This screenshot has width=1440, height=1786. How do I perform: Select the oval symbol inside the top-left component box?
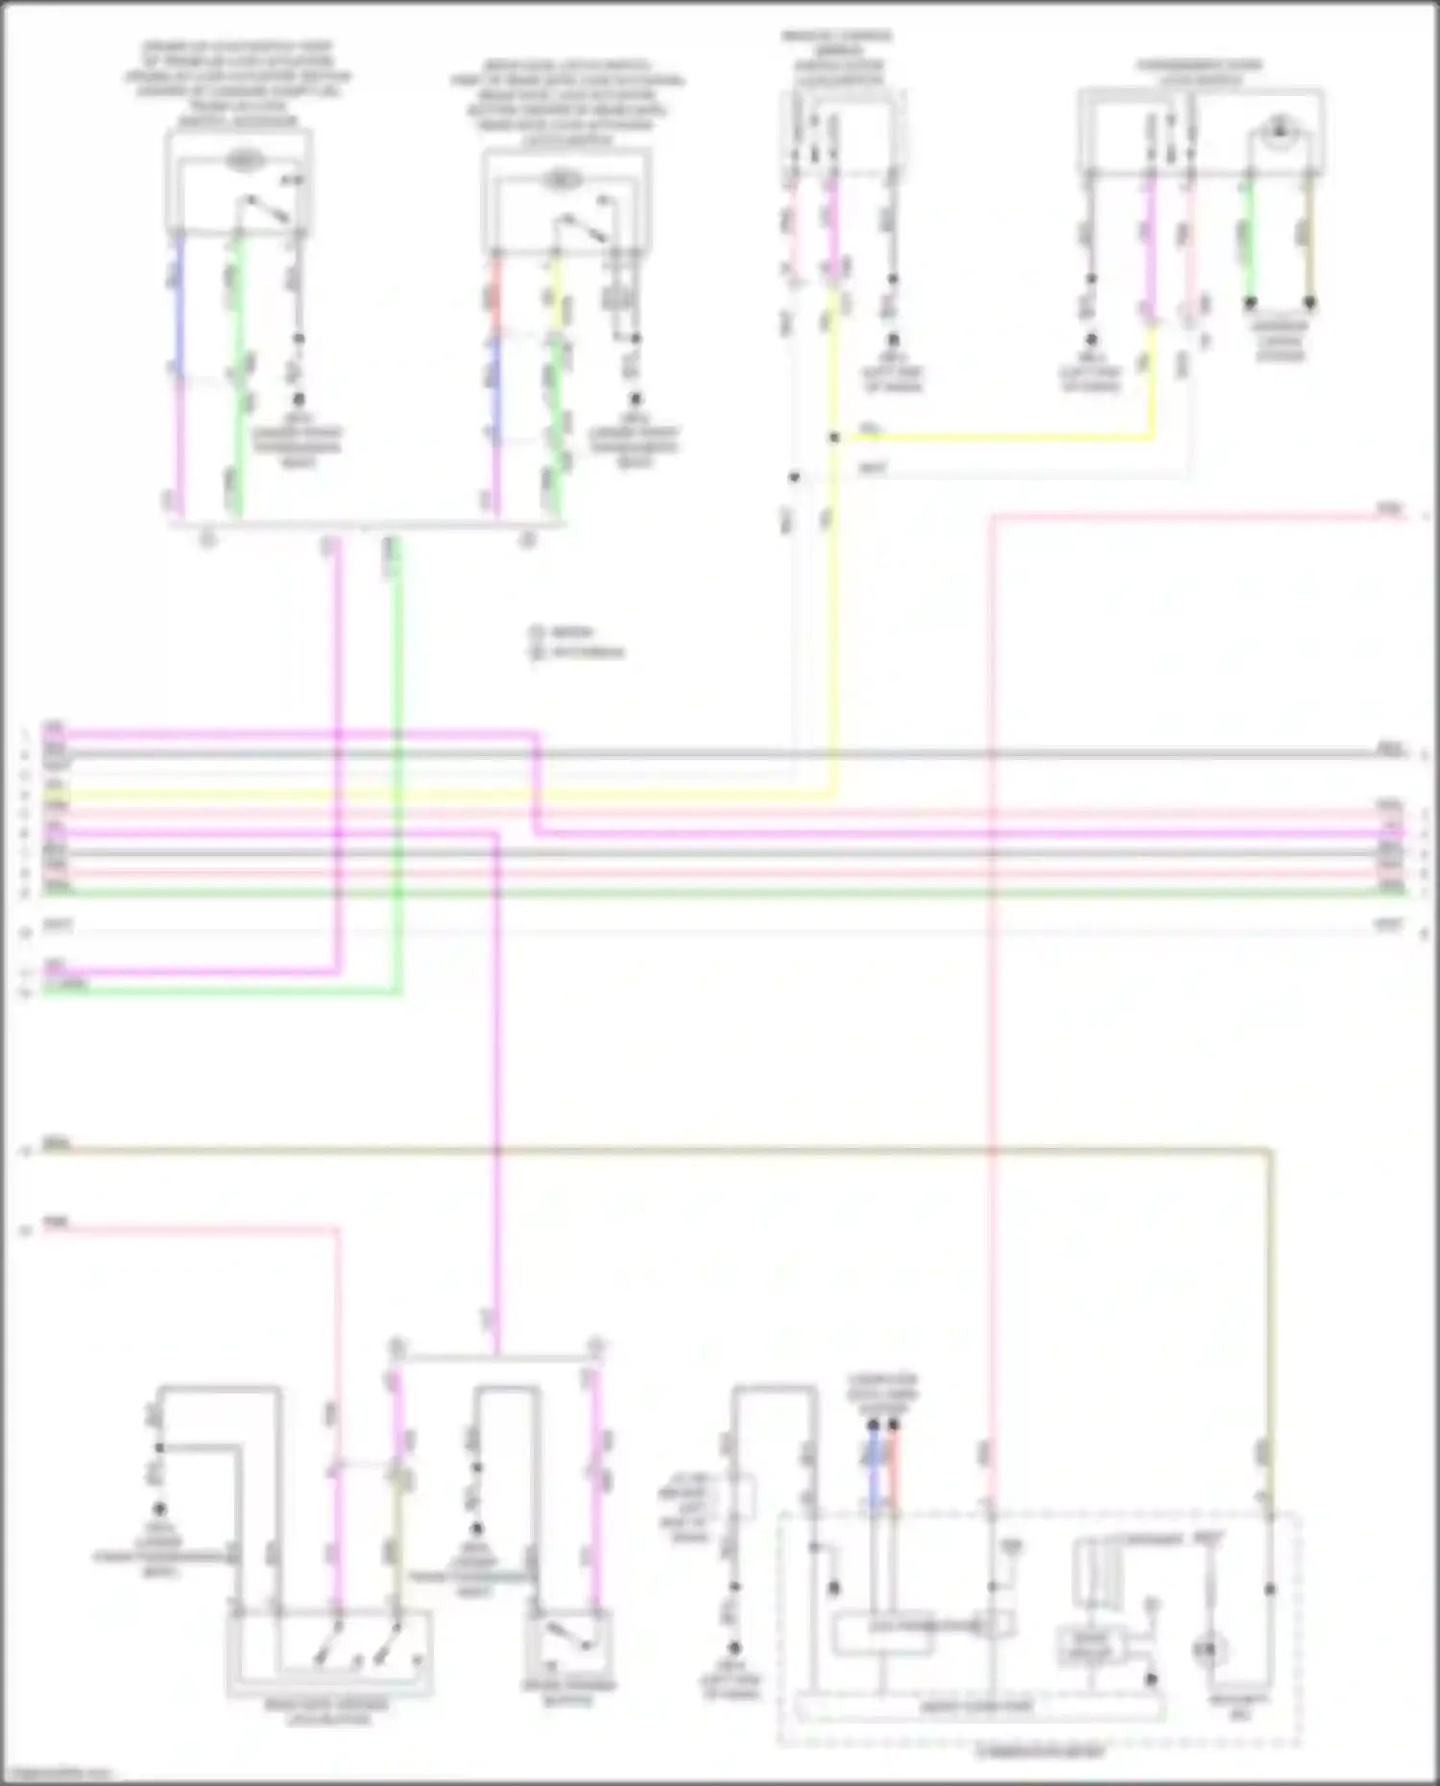246,160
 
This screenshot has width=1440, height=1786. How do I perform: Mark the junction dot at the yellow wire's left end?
834,438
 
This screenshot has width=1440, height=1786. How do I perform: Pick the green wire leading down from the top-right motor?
1250,240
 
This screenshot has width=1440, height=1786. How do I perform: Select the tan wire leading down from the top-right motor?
1308,240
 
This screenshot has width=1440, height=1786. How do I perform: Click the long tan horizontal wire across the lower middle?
672,1148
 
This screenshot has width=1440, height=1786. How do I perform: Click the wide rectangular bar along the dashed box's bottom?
979,1707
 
